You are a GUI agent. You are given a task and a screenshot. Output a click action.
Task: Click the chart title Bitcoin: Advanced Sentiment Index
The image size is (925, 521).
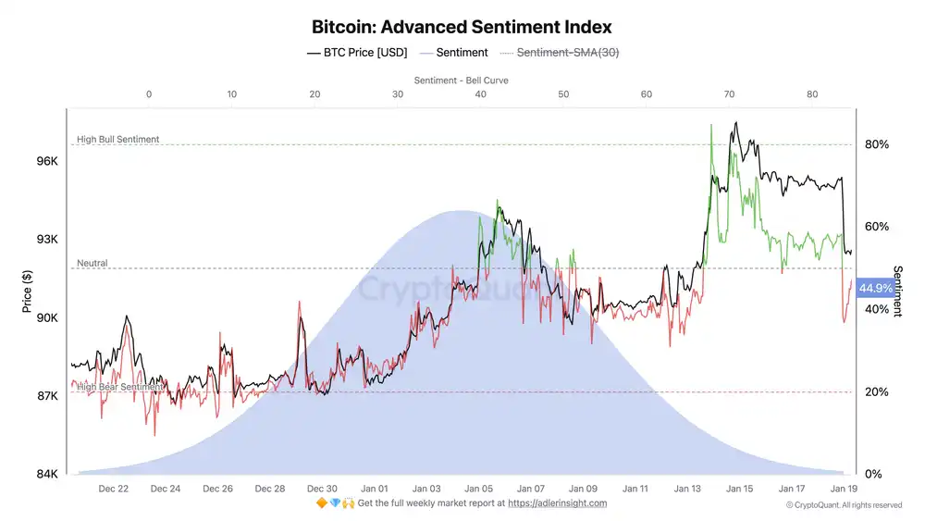(x=462, y=28)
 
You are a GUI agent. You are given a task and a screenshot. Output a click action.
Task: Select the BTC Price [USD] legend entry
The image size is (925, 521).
(x=356, y=53)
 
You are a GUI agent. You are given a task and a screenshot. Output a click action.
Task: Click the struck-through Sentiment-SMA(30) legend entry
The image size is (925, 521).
(x=567, y=53)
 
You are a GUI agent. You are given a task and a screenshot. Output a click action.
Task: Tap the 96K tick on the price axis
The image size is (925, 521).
(x=47, y=161)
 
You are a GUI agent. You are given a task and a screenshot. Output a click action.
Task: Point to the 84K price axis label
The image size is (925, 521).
(x=47, y=475)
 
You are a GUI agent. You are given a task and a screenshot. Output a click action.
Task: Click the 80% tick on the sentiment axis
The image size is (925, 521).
(x=877, y=144)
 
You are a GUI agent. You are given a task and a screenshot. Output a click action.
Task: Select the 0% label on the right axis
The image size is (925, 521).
(x=873, y=475)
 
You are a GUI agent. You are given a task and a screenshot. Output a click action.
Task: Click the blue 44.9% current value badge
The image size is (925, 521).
(x=875, y=289)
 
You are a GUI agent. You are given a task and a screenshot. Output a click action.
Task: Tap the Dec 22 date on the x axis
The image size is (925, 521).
(x=113, y=489)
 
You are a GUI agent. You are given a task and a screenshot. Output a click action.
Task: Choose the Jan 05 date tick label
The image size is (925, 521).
(x=479, y=489)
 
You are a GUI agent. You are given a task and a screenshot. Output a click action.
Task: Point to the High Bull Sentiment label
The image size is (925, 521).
(x=117, y=140)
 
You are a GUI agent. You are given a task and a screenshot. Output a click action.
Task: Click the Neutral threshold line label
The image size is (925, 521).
(x=92, y=264)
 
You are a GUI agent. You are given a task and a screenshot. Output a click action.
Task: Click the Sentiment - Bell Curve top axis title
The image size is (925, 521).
(x=461, y=81)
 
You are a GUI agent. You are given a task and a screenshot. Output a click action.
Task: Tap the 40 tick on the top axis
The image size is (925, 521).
(x=480, y=94)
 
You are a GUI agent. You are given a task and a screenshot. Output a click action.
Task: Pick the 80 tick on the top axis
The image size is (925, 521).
(x=812, y=94)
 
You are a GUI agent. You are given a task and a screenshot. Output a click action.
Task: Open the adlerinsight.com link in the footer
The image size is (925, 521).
(x=557, y=503)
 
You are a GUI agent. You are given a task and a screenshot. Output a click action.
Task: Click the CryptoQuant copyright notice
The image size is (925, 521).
(x=843, y=505)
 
